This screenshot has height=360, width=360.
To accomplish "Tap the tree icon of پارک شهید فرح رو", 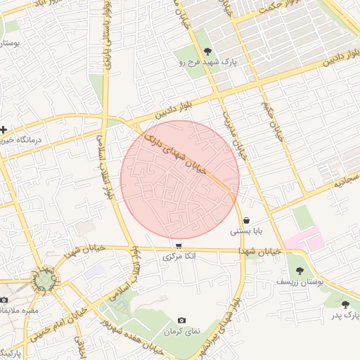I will coord(207,51).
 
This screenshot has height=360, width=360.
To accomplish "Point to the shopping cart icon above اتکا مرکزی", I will coord(179,246).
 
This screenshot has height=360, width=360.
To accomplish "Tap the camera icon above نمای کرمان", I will coord(182,320).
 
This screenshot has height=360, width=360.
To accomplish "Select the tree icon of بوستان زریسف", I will coord(300,271).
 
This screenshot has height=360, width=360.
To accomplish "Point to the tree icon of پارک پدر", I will coord(345,304).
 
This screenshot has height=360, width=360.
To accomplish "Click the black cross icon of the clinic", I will coord(5,129).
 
